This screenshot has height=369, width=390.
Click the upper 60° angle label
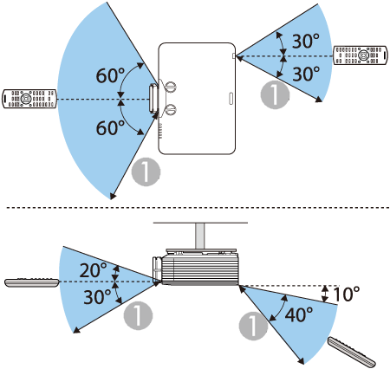click(110, 75)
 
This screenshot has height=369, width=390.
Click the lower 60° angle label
click(110, 127)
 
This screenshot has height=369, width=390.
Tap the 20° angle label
click(93, 270)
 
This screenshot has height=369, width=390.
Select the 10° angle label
click(347, 294)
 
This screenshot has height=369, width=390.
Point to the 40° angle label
click(299, 314)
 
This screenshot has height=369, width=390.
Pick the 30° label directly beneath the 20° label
click(97, 297)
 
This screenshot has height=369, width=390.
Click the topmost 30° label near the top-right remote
click(306, 41)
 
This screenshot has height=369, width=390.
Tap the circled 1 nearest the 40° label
click(253, 326)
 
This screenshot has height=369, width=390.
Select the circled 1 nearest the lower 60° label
click(146, 172)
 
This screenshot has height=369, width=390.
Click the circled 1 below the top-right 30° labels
click(275, 94)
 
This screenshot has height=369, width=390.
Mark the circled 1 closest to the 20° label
click(138, 315)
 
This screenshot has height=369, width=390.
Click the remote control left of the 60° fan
click(29, 99)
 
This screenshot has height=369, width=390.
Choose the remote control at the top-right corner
click(361, 55)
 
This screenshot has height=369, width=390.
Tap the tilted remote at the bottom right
click(352, 352)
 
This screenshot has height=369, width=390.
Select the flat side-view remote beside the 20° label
click(32, 282)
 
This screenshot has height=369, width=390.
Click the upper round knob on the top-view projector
click(171, 87)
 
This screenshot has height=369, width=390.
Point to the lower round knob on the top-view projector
click(171, 109)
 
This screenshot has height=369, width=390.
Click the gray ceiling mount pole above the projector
click(200, 236)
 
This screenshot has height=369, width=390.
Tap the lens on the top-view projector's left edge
click(153, 99)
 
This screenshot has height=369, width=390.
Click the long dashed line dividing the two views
click(198, 207)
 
